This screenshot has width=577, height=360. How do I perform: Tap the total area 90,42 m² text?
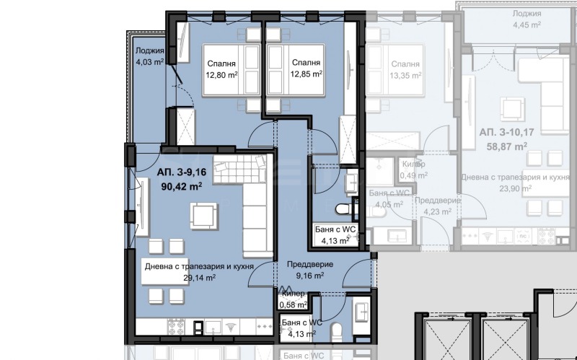tap(179, 185)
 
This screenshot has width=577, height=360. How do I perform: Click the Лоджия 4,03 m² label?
tap(149, 56)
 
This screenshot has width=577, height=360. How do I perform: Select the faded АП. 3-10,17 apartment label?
tap(503, 132)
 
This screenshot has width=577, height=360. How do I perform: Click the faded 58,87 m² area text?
tap(503, 145)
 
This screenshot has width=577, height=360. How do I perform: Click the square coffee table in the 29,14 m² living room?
tap(203, 214)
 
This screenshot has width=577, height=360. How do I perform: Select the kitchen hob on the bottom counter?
tap(177, 327)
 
